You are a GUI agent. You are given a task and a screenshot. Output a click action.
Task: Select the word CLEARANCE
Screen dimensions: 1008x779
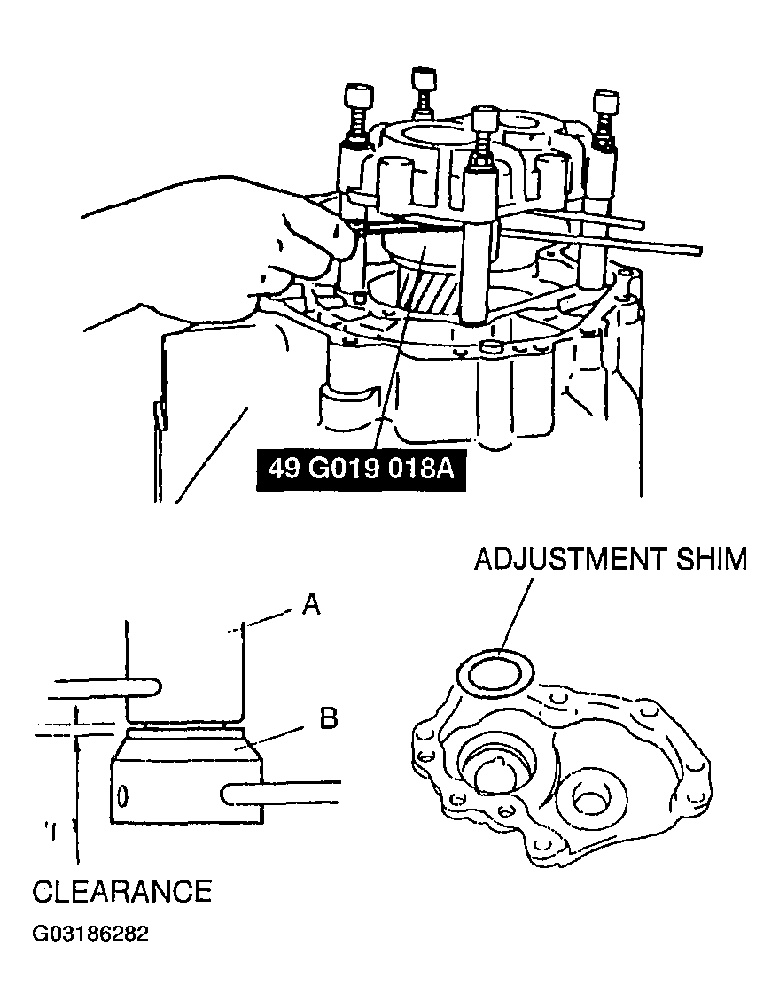point(122,890)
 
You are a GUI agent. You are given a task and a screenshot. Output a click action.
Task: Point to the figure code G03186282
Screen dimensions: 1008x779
point(90,934)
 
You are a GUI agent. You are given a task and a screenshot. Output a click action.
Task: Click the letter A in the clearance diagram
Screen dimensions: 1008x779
point(311,605)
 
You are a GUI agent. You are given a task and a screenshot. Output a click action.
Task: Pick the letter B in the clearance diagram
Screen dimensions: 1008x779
point(328,718)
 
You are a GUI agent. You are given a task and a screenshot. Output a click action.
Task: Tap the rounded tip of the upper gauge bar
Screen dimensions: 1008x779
point(152,686)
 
